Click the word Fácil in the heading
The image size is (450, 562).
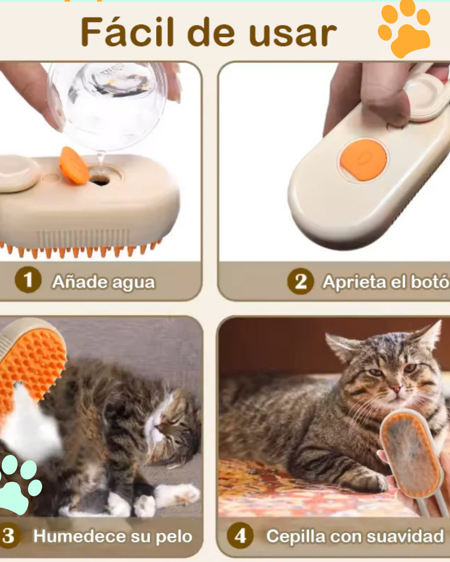pyautogui.click(x=127, y=32)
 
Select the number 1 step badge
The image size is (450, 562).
pyautogui.click(x=28, y=280)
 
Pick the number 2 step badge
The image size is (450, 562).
pyautogui.click(x=300, y=282)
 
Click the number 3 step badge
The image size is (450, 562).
pyautogui.click(x=9, y=536)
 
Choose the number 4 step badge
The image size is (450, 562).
pyautogui.click(x=240, y=536)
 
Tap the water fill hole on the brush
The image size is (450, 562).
pyautogui.click(x=100, y=180)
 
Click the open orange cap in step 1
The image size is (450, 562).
pyautogui.click(x=74, y=165)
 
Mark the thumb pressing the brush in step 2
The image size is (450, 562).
pyautogui.click(x=385, y=104)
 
